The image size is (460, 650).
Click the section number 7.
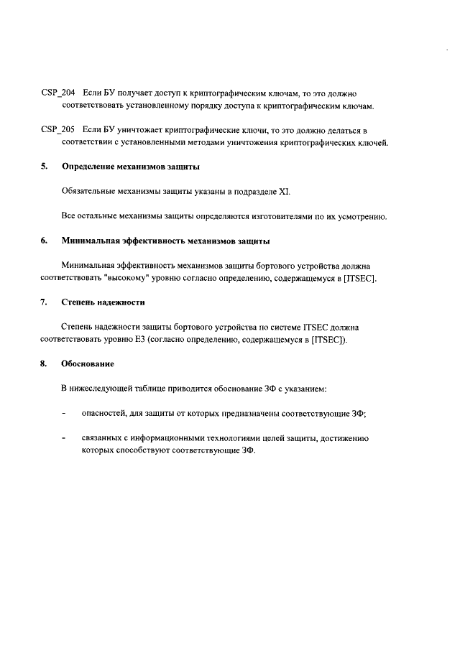pos(43,302)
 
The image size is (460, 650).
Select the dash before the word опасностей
pos(65,413)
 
